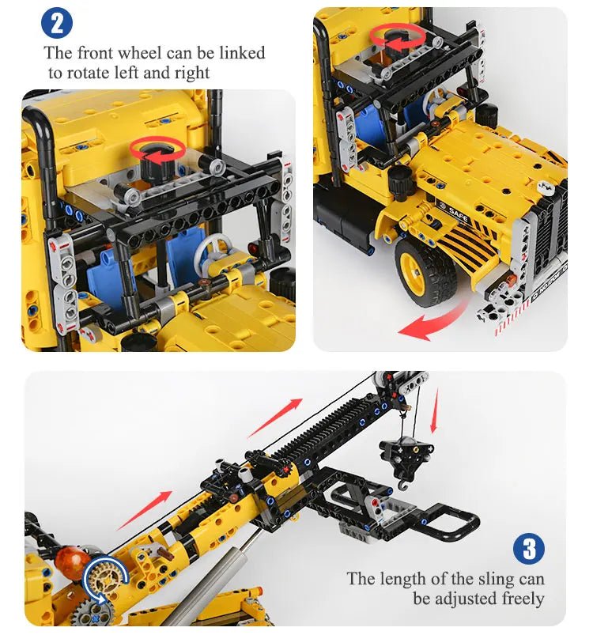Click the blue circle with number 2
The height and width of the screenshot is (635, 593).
pyautogui.click(x=56, y=22)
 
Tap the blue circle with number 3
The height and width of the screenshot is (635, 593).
pyautogui.click(x=528, y=549)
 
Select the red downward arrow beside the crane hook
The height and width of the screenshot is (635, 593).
pyautogui.click(x=434, y=410)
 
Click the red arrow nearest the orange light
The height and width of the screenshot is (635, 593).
pyautogui.click(x=144, y=509)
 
